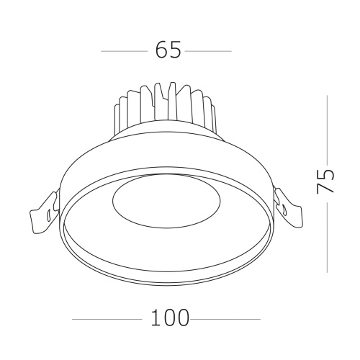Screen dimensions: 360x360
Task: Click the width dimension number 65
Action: [x=167, y=50]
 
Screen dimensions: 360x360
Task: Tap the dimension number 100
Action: [x=169, y=318]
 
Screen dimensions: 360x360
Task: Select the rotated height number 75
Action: [x=326, y=180]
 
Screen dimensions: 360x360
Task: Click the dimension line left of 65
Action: [x=124, y=51]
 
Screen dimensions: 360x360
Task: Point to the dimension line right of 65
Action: [x=209, y=51]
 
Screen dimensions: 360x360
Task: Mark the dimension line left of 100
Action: [x=108, y=318]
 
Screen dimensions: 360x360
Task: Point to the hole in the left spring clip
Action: [x=47, y=214]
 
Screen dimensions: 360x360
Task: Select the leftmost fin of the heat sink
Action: [x=117, y=115]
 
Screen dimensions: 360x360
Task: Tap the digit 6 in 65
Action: [x=160, y=50]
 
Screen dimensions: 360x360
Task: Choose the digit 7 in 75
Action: [x=326, y=187]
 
